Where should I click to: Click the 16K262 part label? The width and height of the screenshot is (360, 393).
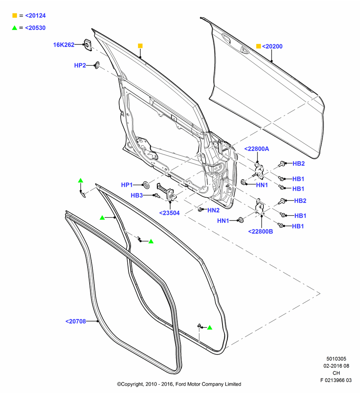(x=64, y=45)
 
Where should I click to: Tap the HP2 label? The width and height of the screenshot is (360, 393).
(x=80, y=65)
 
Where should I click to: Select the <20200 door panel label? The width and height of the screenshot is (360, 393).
(x=272, y=46)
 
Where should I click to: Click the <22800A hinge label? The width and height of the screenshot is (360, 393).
(x=257, y=149)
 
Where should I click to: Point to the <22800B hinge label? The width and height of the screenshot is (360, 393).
(x=261, y=231)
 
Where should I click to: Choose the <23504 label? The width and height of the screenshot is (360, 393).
(x=169, y=213)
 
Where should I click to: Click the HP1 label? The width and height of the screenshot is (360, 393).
(x=127, y=185)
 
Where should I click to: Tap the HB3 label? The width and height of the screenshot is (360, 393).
(x=137, y=195)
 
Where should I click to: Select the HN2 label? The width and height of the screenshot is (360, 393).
(x=213, y=210)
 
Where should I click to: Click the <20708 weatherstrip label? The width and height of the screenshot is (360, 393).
(x=76, y=321)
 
